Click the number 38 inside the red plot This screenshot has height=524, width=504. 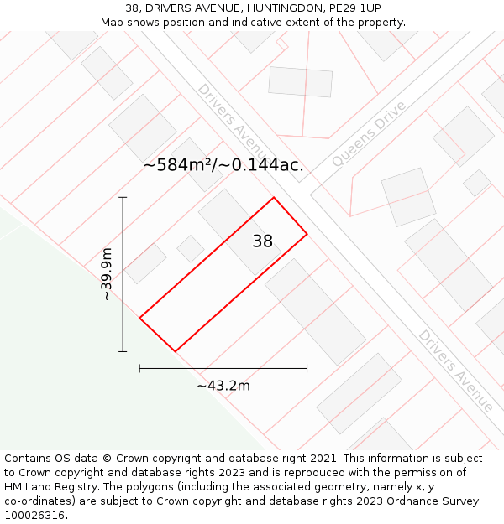[263, 241]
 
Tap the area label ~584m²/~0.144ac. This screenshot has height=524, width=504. [223, 165]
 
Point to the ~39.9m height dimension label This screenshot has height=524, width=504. [107, 274]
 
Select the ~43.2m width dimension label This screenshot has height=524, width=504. [223, 386]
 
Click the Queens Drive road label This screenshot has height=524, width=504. [369, 133]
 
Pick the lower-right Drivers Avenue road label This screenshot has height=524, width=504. [456, 370]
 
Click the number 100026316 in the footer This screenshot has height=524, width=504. [34, 516]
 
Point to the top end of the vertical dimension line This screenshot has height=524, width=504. [123, 198]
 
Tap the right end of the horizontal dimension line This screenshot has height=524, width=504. [307, 368]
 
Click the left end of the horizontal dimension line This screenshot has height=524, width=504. [139, 368]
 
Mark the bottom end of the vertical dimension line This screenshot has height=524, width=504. [123, 351]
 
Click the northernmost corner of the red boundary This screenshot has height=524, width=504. [274, 198]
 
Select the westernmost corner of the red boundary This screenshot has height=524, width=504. [139, 318]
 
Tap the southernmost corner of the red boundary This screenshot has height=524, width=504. [175, 351]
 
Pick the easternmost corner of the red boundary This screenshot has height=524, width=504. [307, 233]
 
